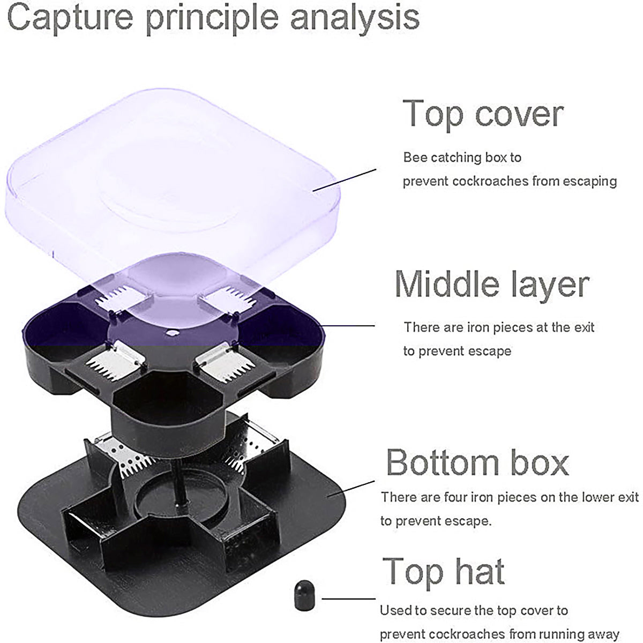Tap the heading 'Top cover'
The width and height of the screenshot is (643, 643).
(483, 114)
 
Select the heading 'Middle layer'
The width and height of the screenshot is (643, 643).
(492, 284)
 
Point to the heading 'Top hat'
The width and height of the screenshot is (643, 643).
(444, 572)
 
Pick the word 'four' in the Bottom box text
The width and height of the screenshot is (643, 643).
(456, 497)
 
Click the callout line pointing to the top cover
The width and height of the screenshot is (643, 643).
(345, 180)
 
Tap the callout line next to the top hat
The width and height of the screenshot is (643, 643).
(349, 599)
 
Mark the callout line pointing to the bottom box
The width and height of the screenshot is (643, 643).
(351, 489)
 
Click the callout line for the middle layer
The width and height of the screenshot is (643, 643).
(348, 326)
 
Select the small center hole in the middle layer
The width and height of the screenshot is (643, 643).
(171, 333)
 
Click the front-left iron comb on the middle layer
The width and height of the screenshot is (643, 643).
(115, 361)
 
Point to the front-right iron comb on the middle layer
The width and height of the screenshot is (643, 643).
(226, 361)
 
